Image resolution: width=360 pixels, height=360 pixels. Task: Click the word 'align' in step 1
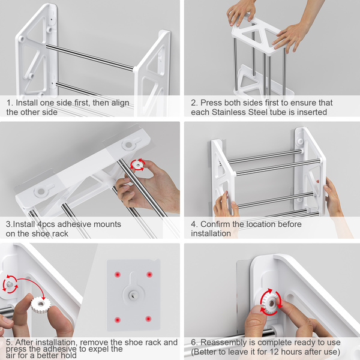point(120,103)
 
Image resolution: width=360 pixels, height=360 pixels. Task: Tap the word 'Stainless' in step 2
point(229,112)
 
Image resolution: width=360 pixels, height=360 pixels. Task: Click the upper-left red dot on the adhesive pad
point(118,274)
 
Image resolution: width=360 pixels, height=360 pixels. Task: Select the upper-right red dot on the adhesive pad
point(149,274)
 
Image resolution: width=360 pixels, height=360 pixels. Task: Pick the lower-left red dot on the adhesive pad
point(118,319)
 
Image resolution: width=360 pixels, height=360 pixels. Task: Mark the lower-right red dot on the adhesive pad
point(148,319)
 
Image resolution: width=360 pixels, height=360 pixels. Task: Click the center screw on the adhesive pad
point(133,295)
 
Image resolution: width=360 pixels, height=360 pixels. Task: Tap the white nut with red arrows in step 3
point(138,165)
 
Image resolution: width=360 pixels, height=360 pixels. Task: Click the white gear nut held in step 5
point(40,304)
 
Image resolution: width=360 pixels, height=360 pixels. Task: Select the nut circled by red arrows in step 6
point(271,303)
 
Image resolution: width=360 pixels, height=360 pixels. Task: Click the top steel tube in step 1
point(89,57)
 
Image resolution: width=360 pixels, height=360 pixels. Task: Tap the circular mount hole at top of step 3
point(128,145)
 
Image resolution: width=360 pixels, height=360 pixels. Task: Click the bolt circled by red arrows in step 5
point(10,284)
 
